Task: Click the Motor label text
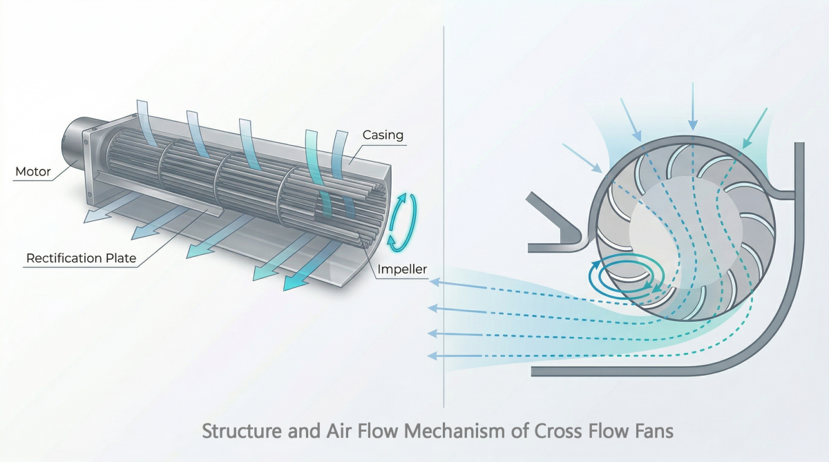pyautogui.click(x=33, y=171)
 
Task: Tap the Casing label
pyautogui.click(x=383, y=135)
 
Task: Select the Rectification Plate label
pyautogui.click(x=81, y=259)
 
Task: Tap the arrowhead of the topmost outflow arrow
pyautogui.click(x=434, y=282)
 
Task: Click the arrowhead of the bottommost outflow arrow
pyautogui.click(x=432, y=356)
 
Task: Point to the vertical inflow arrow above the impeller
pyautogui.click(x=692, y=104)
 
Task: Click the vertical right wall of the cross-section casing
pyautogui.click(x=800, y=207)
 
